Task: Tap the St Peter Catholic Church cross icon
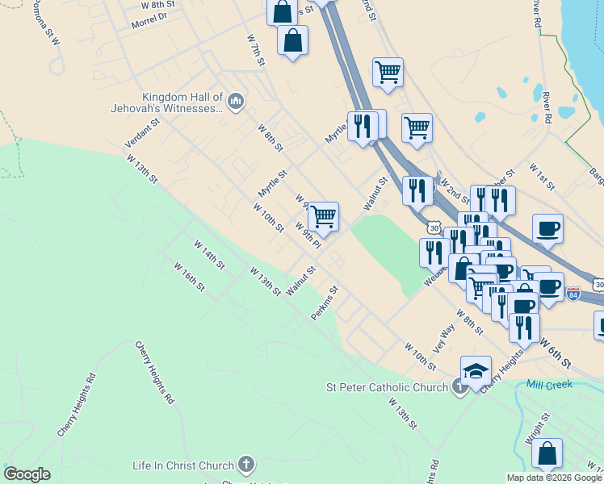point(459,388)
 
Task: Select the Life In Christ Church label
point(184,465)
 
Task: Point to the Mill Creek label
point(548,385)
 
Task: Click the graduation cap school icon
point(476,371)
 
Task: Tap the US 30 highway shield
point(435,228)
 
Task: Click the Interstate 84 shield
point(573,294)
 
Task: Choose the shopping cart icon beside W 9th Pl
point(323,215)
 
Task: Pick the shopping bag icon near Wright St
point(547,454)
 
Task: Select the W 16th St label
point(191,276)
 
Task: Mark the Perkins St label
point(325,302)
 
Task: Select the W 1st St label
point(541,177)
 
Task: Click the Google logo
point(27,474)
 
